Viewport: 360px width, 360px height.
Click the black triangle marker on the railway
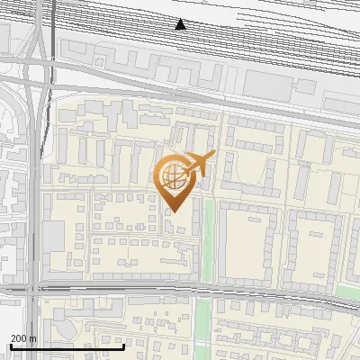181,24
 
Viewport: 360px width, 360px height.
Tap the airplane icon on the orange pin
199,165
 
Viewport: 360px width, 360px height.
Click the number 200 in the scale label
19,338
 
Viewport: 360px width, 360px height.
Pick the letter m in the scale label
33,338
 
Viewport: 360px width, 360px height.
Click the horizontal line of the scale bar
67,346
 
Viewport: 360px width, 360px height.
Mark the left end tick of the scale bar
11,345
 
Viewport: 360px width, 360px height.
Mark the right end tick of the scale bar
123,345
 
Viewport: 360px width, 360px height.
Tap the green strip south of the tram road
203,324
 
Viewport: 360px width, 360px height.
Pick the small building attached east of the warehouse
307,86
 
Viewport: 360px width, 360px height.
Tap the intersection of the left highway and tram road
34,290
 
